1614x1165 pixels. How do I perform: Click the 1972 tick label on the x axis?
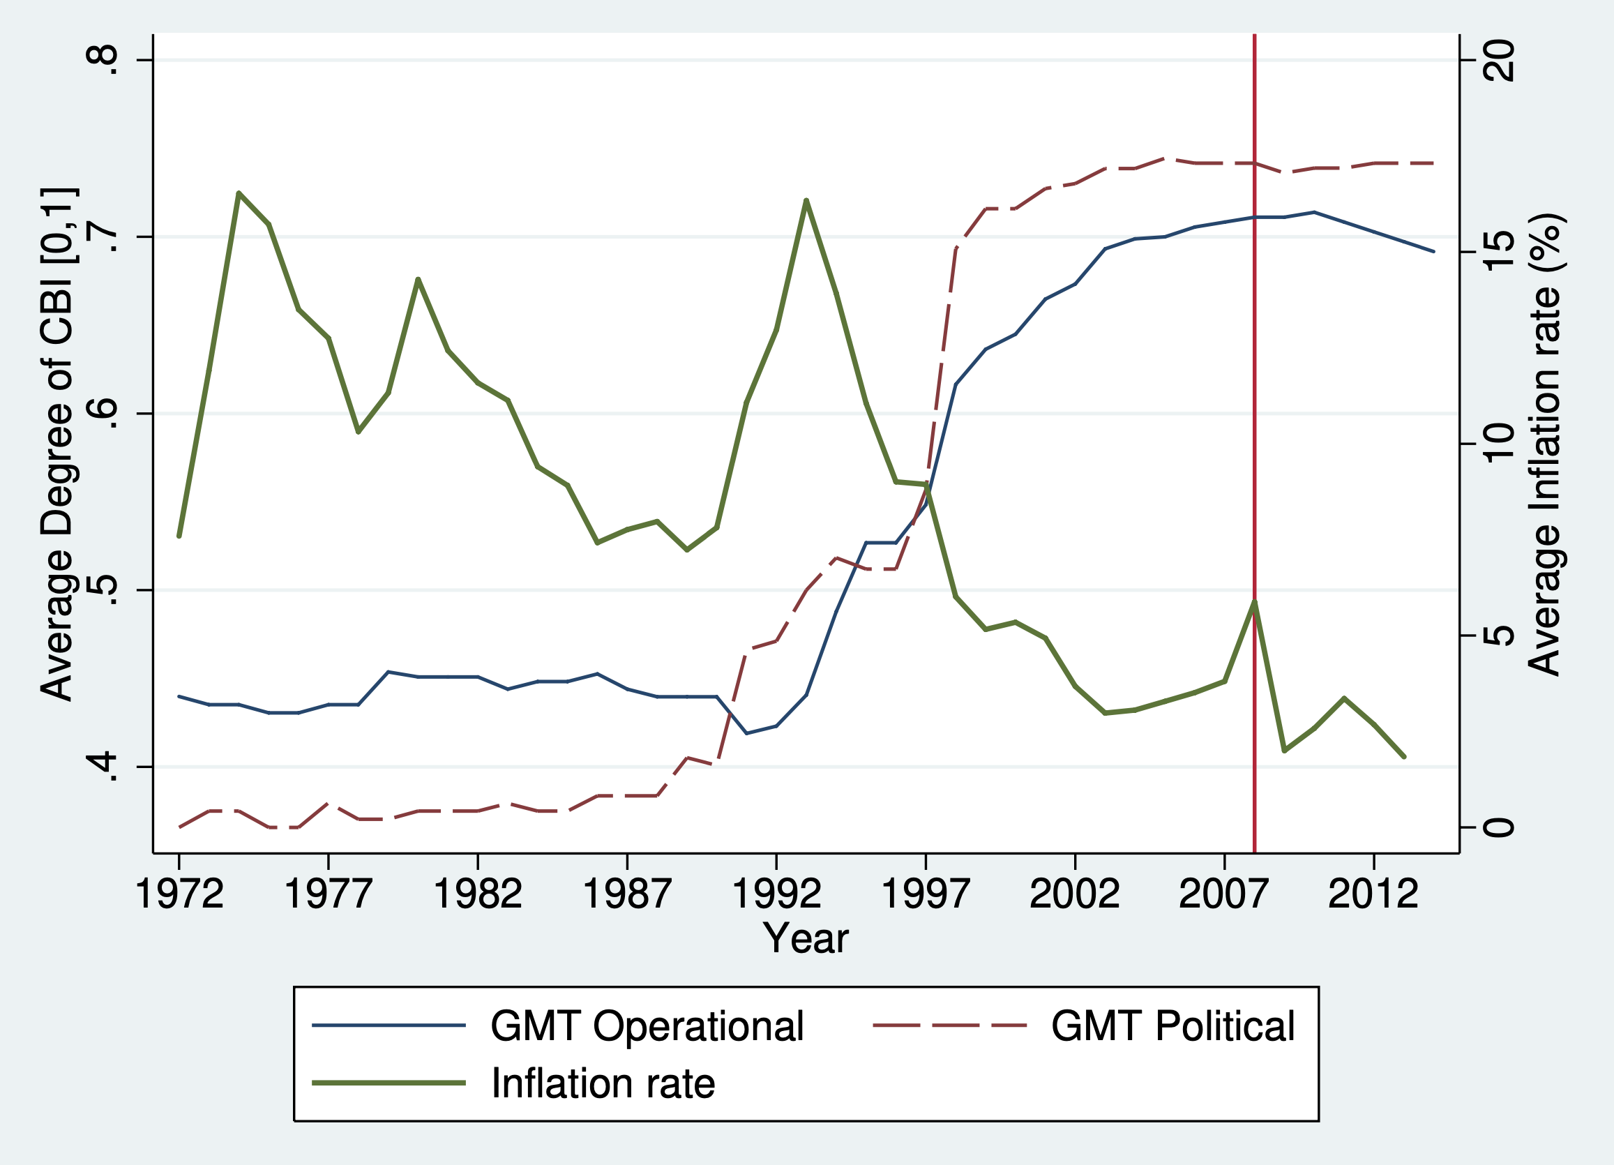[x=179, y=894]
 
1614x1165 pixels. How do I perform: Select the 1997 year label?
[x=925, y=894]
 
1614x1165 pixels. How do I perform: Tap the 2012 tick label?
[x=1373, y=894]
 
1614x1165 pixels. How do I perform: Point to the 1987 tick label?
[x=626, y=894]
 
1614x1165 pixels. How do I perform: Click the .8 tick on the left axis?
[x=100, y=61]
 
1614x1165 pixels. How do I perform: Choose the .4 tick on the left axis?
[x=100, y=767]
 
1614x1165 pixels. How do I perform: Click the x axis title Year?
[x=806, y=939]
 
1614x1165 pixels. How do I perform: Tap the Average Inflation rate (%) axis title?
[x=1545, y=444]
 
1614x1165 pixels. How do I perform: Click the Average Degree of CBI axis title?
[x=57, y=444]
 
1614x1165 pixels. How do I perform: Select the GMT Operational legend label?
[x=647, y=1026]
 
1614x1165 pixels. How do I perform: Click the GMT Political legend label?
[x=1172, y=1026]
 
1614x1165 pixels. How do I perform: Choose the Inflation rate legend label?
[x=603, y=1083]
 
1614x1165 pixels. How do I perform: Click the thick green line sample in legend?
[x=389, y=1083]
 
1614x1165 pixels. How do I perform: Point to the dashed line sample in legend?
[x=950, y=1025]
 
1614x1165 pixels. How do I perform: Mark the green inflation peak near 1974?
[x=239, y=193]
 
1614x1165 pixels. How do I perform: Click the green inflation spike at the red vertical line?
[x=1255, y=602]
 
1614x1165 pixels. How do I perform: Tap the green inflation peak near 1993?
[x=806, y=200]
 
